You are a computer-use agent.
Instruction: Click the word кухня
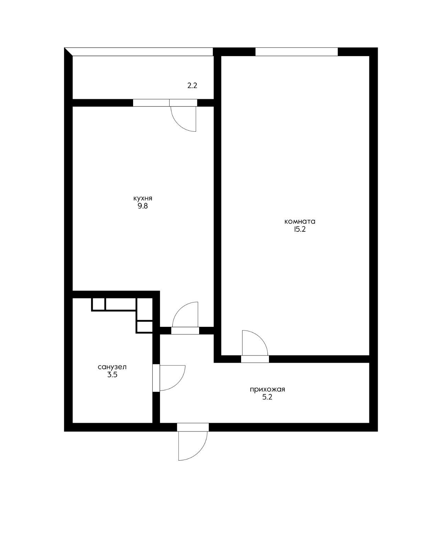[x=143, y=199]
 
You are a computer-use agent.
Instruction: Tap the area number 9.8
[x=143, y=206]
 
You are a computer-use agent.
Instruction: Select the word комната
[x=300, y=221]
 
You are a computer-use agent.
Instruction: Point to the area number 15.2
[x=300, y=229]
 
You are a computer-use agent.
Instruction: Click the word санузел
[x=112, y=367]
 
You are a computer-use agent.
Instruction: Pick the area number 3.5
[x=112, y=375]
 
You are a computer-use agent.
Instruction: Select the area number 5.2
[x=267, y=397]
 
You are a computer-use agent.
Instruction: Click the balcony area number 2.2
[x=192, y=86]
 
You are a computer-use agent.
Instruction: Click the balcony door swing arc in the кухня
[x=178, y=124]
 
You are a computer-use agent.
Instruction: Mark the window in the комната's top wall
[x=296, y=52]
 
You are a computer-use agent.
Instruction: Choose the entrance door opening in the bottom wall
[x=193, y=427]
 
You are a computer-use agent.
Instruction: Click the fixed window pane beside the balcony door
[x=151, y=102]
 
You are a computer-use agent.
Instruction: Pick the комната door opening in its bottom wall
[x=255, y=359]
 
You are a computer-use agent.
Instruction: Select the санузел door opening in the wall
[x=156, y=378]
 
